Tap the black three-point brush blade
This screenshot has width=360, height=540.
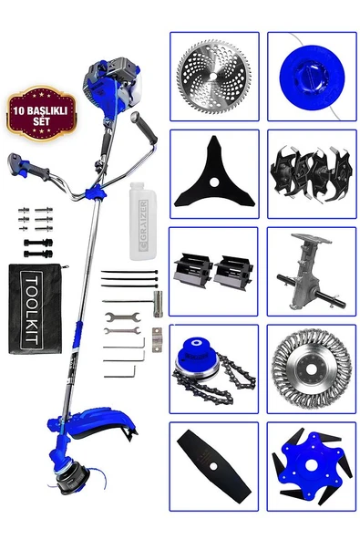(214, 176)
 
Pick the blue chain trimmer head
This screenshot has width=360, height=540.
(213, 369)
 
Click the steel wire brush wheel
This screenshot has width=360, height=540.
(312, 369)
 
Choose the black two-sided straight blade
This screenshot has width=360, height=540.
(214, 465)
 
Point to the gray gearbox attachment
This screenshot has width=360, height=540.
(311, 272)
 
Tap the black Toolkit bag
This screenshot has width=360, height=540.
(36, 308)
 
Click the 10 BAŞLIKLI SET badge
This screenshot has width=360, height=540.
(41, 114)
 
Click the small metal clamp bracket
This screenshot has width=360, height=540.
(157, 340)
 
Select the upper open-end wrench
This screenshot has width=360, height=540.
(122, 317)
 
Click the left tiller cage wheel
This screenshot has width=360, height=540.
(192, 272)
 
